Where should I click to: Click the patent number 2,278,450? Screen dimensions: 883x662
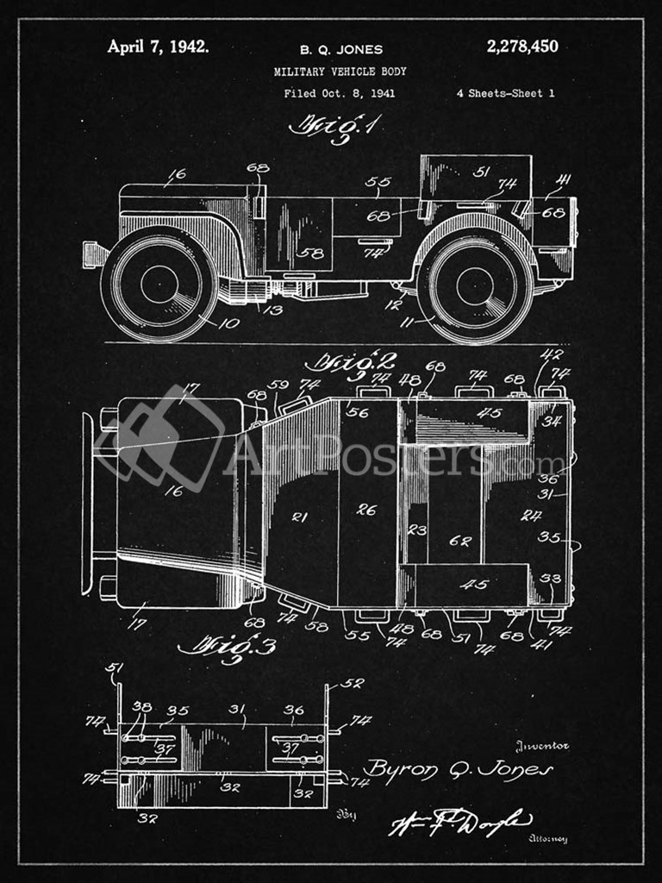click(x=521, y=47)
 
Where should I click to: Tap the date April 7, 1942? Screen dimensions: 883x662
click(x=158, y=47)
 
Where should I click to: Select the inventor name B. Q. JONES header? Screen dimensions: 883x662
click(x=340, y=50)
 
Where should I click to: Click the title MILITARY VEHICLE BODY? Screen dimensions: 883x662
click(x=340, y=72)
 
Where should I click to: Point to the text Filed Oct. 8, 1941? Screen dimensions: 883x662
click(x=340, y=94)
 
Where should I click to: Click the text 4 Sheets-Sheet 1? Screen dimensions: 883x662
click(x=505, y=94)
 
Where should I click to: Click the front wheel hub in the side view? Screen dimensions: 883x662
click(x=159, y=285)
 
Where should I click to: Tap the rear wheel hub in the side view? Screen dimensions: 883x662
click(x=475, y=286)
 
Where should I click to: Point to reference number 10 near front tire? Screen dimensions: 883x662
click(x=229, y=323)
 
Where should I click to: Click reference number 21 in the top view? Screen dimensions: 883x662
click(x=299, y=517)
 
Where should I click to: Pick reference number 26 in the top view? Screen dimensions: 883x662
click(x=366, y=510)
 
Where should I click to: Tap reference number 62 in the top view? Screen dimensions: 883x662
click(x=460, y=542)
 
